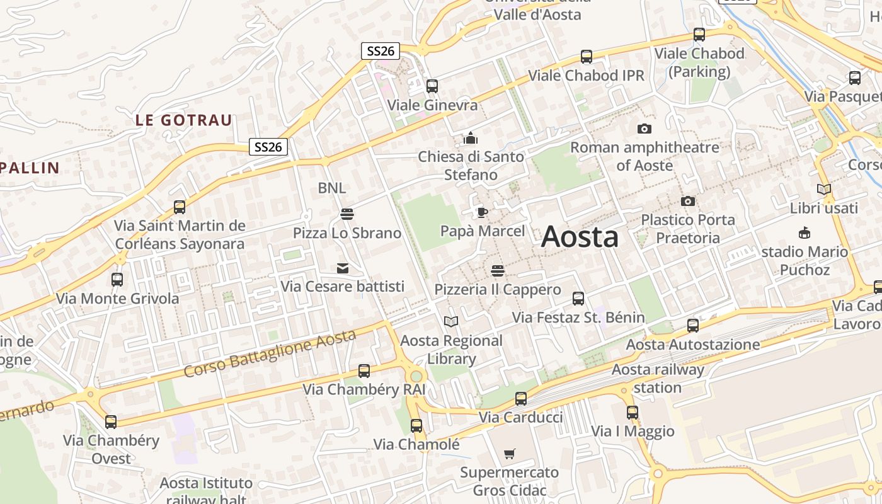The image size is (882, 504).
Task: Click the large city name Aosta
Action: coord(580,238)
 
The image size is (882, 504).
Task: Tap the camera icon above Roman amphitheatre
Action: coord(644,129)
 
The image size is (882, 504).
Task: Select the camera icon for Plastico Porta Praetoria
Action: coord(688,202)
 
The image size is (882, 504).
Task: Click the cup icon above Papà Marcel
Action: coord(482,212)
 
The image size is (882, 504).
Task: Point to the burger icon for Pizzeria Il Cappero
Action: coord(498,271)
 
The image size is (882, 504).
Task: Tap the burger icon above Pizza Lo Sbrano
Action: coord(346,214)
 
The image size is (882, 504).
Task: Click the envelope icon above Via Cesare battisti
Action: coord(343,268)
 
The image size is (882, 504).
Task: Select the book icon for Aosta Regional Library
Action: coord(451,322)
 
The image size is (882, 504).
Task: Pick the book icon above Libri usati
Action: coord(823,189)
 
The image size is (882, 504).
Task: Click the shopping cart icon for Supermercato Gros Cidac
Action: coord(510,454)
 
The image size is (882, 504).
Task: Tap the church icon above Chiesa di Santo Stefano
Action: coord(471,138)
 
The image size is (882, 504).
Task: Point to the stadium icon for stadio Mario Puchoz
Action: coord(804,233)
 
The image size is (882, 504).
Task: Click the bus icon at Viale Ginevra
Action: coord(432,86)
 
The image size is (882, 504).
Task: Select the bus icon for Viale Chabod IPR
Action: coord(587,57)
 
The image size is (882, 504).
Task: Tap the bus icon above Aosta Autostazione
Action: coord(693,326)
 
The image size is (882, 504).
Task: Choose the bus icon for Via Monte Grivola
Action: coord(117,279)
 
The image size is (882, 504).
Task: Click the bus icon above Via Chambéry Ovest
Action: coord(111,421)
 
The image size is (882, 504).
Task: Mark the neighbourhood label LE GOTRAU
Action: coord(184,120)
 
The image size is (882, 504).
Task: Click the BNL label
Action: coord(331,188)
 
